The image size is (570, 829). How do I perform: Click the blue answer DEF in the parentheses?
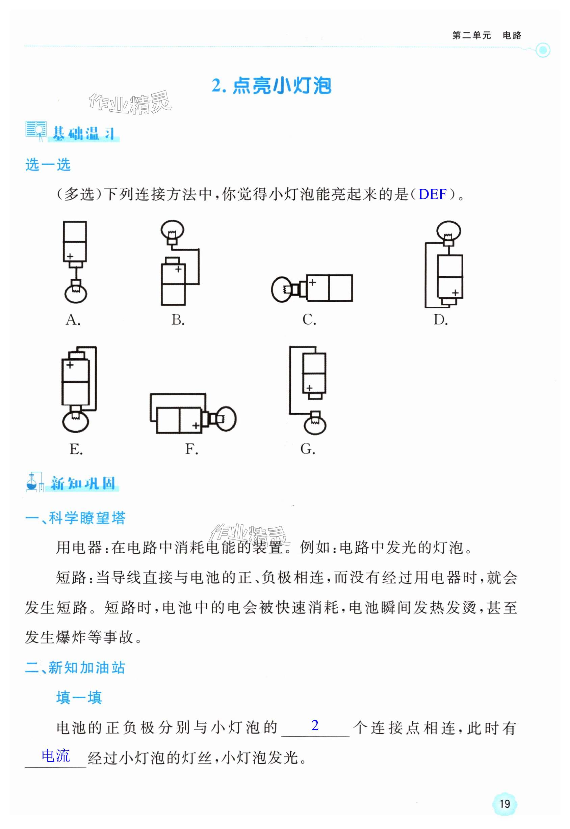click(x=432, y=194)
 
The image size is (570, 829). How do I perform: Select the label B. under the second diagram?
click(x=178, y=320)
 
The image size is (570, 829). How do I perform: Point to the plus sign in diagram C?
click(x=312, y=282)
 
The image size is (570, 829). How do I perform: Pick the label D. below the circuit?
click(x=440, y=320)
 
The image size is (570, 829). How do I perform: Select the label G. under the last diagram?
click(x=308, y=449)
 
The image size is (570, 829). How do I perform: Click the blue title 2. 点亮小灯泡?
click(x=271, y=86)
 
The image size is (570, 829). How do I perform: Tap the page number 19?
click(x=504, y=804)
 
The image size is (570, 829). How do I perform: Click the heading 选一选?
click(x=48, y=165)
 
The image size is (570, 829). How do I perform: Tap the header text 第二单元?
click(x=471, y=35)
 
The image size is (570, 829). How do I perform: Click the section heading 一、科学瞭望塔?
click(x=75, y=518)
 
